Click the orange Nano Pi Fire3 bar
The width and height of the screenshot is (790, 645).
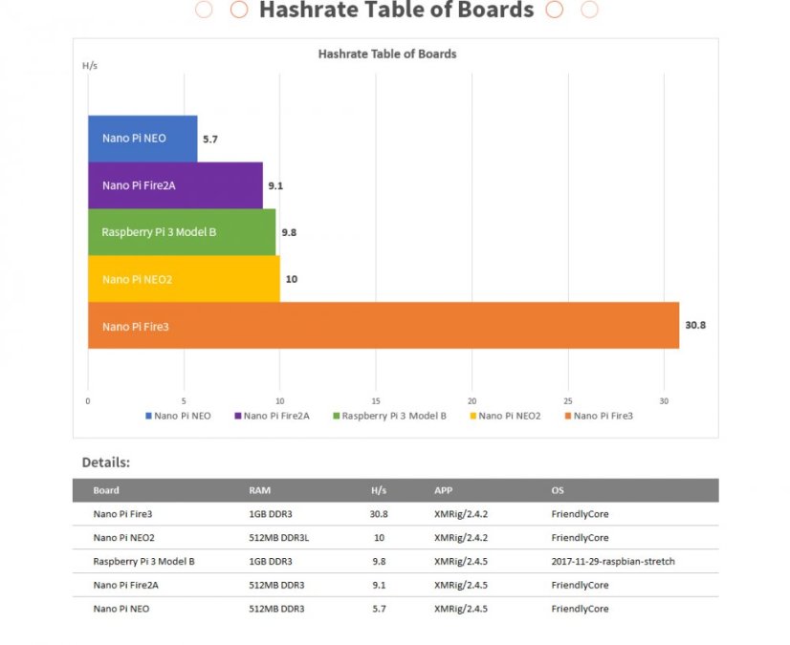point(383,326)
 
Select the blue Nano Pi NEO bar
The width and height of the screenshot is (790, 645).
point(143,139)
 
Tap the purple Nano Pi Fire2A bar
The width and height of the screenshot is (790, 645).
point(175,185)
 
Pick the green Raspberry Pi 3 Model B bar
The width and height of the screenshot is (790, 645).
point(182,232)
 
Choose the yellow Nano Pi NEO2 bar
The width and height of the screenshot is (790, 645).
point(184,279)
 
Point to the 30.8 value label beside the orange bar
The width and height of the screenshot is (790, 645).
point(695,326)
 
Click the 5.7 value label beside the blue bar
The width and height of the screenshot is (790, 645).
point(210,140)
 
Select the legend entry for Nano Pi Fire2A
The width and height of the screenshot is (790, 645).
point(276,416)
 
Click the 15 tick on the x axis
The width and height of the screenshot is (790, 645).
point(376,400)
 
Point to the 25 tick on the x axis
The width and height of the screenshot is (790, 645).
point(568,400)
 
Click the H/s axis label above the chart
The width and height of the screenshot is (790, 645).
point(89,66)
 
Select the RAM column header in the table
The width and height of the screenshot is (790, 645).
point(259,490)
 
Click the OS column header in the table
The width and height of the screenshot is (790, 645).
point(558,490)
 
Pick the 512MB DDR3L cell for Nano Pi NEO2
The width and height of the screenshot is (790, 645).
point(278,537)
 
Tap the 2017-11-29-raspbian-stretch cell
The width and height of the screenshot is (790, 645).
point(613,561)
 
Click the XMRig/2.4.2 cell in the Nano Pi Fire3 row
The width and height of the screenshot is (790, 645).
point(461,513)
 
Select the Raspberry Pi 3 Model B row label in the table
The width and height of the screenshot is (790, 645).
point(143,561)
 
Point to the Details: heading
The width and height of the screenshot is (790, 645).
point(105,462)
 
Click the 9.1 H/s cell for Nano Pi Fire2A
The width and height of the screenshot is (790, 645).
point(379,585)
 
